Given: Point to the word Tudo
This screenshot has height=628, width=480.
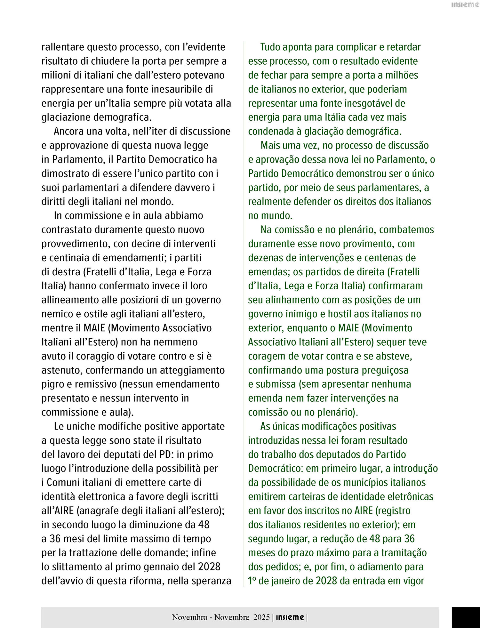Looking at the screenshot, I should (271, 47).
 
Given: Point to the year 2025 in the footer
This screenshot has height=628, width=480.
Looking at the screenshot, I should (261, 617).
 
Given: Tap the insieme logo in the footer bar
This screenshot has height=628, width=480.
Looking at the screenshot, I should (290, 617).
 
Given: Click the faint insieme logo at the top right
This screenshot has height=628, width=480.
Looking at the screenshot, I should (465, 5).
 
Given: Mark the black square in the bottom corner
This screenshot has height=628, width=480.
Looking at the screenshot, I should (466, 618).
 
